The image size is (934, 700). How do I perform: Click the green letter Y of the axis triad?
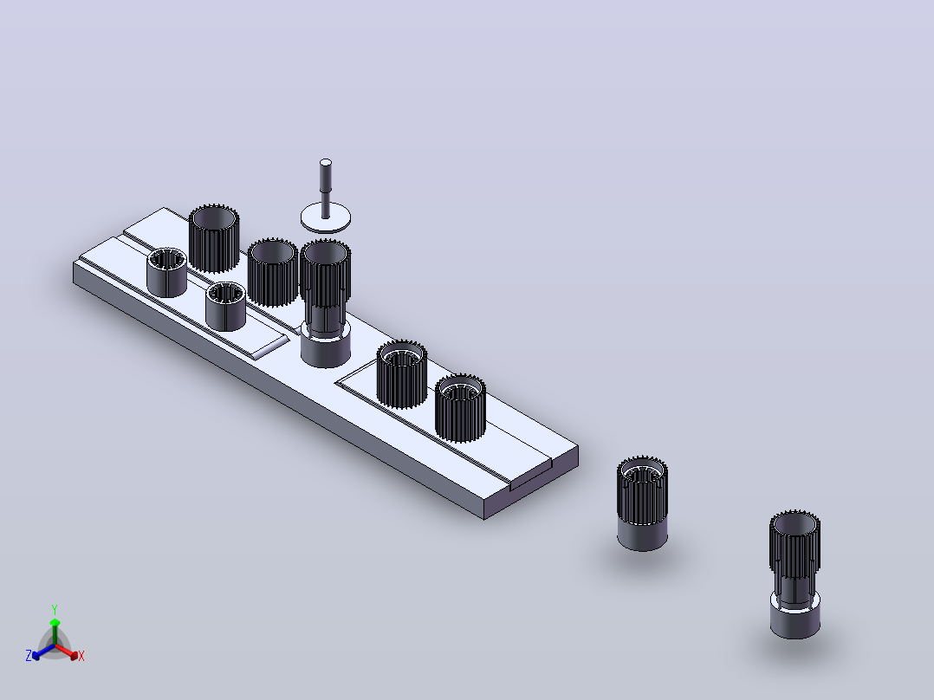(x=55, y=609)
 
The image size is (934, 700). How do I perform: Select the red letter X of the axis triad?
(x=81, y=656)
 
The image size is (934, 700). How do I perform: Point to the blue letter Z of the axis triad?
(x=29, y=656)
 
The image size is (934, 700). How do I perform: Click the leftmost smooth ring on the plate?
(x=166, y=272)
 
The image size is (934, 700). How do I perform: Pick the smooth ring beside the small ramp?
(x=226, y=306)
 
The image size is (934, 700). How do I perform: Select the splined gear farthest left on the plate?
(x=214, y=239)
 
